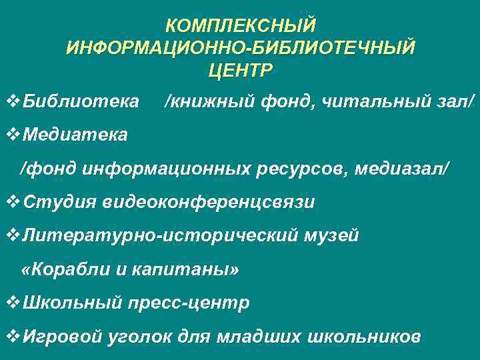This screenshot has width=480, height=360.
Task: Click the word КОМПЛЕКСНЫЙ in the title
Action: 240,26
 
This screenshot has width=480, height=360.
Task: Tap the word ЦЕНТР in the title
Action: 240,70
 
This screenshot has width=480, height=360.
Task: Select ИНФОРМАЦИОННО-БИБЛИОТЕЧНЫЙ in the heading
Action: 240,48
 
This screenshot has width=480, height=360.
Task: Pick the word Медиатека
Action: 75,135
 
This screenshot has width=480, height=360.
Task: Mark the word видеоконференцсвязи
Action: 208,202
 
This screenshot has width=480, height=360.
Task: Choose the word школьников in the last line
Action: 369,337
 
